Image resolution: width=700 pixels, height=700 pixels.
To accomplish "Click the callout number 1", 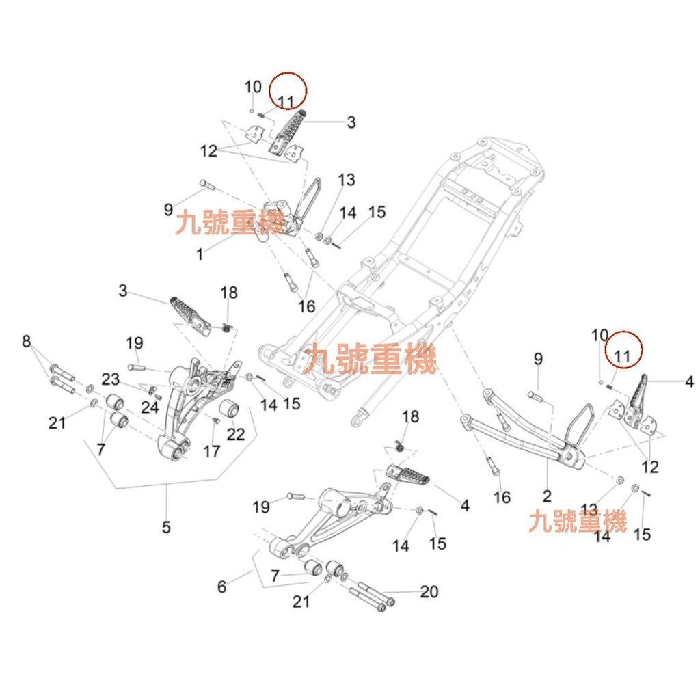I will tap(200, 255).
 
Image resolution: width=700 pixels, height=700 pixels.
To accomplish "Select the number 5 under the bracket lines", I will tap(166, 527).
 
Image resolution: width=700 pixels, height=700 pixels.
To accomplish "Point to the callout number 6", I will tap(221, 587).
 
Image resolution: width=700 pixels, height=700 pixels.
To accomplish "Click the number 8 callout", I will tap(27, 340).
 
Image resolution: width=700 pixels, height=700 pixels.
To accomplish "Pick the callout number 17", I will tap(212, 451).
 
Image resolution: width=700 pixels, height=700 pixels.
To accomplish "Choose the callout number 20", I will tap(429, 591).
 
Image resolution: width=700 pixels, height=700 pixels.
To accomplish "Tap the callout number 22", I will tap(235, 433).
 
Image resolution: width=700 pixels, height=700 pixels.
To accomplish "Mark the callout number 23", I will tap(111, 379).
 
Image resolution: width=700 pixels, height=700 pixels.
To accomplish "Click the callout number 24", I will tap(150, 408).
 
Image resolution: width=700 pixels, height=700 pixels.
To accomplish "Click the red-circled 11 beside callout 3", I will tap(286, 102).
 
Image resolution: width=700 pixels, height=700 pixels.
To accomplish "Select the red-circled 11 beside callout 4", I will tap(622, 355).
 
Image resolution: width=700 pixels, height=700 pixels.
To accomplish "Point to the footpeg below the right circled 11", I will tap(641, 403).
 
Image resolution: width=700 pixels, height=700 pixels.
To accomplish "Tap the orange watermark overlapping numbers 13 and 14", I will tap(578, 523).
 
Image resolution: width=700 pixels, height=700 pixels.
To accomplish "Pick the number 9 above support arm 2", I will tap(538, 359).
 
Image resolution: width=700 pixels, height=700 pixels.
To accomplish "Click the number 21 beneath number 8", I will tap(57, 422).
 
